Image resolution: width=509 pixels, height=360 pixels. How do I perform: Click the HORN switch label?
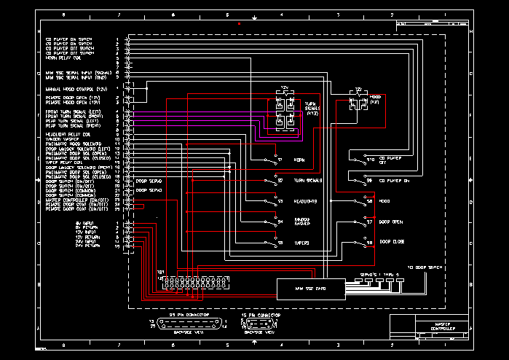click(299, 160)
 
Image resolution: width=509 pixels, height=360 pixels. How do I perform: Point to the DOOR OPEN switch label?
click(391, 222)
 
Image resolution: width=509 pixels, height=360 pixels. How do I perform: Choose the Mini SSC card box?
click(309, 289)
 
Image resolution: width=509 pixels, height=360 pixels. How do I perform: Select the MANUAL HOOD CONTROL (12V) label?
click(77, 87)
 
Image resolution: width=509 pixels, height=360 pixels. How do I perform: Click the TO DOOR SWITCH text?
click(425, 267)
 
